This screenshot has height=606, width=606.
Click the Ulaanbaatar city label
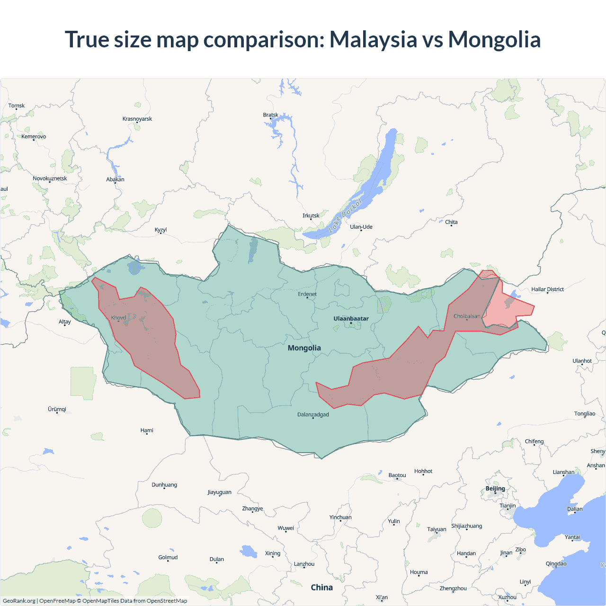click(x=351, y=319)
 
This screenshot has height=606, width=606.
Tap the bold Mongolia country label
click(x=304, y=348)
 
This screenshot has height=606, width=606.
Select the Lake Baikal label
click(x=345, y=215)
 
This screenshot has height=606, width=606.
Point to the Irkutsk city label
click(x=311, y=215)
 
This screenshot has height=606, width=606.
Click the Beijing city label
click(x=495, y=489)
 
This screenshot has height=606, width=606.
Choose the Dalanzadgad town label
click(x=313, y=415)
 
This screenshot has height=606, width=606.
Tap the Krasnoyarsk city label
click(x=137, y=119)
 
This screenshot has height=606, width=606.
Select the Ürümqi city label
click(x=57, y=409)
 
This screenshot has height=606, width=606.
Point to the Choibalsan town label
click(x=467, y=316)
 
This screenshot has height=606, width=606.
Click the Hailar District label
click(x=547, y=289)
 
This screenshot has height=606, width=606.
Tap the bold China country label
click(x=322, y=588)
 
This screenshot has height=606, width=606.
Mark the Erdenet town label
click(x=307, y=294)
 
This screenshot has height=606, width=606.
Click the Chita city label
click(x=451, y=222)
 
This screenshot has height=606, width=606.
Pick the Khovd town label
click(x=118, y=318)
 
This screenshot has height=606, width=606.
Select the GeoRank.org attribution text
click(x=19, y=601)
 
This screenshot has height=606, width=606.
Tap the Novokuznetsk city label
click(x=50, y=178)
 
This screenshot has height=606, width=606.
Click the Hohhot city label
click(x=423, y=471)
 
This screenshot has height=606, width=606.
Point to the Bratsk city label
click(x=271, y=115)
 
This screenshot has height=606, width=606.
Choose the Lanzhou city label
click(x=304, y=564)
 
